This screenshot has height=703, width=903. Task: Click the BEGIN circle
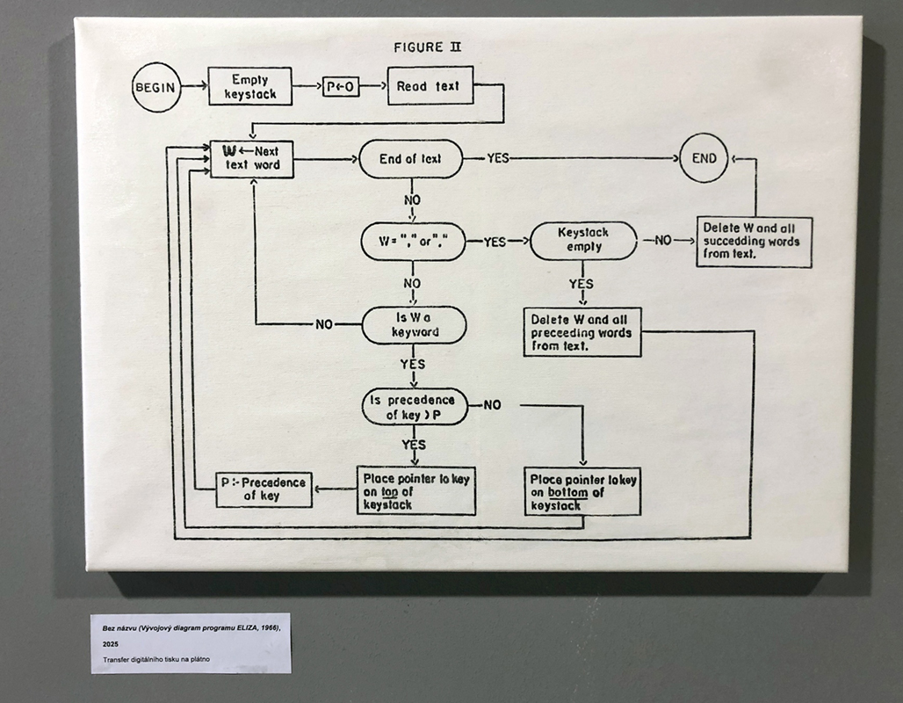click(156, 87)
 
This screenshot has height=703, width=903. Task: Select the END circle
click(704, 159)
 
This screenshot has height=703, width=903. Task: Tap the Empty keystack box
click(250, 86)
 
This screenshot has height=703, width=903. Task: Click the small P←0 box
click(341, 86)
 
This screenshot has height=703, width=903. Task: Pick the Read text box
click(430, 86)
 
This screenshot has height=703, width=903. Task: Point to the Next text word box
click(252, 158)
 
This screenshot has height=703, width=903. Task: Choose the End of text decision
click(410, 159)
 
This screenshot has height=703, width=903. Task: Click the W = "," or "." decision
click(413, 241)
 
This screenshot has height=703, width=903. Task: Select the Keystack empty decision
click(583, 241)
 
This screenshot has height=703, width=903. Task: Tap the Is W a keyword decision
click(414, 324)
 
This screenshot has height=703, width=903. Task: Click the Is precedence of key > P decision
click(415, 406)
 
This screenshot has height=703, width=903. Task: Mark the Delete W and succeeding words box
click(755, 242)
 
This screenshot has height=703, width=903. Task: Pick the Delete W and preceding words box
click(582, 331)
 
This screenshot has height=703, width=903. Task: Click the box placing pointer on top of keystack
click(415, 490)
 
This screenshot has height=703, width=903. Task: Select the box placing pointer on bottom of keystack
click(583, 491)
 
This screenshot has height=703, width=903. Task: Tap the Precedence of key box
click(264, 489)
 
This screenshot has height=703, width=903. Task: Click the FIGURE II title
click(427, 47)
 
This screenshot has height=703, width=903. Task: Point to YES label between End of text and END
click(498, 159)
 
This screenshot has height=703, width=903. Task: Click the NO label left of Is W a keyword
click(325, 324)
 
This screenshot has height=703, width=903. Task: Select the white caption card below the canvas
click(191, 642)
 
